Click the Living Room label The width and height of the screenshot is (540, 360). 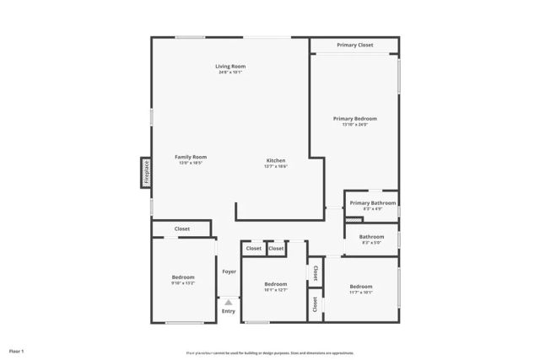pyautogui.click(x=229, y=66)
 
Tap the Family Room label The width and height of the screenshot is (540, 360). pyautogui.click(x=191, y=157)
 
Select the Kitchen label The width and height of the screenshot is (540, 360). pyautogui.click(x=276, y=160)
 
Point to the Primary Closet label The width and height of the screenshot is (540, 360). pyautogui.click(x=354, y=45)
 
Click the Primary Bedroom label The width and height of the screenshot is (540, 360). pyautogui.click(x=354, y=119)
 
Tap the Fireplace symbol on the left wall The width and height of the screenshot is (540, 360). pyautogui.click(x=146, y=172)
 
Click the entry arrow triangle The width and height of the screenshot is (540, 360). pyautogui.click(x=228, y=301)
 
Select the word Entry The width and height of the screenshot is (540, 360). pyautogui.click(x=229, y=311)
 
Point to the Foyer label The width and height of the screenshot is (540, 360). pyautogui.click(x=229, y=271)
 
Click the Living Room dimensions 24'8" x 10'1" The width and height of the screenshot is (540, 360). pyautogui.click(x=229, y=73)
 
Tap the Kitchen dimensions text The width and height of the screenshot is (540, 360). pyautogui.click(x=276, y=167)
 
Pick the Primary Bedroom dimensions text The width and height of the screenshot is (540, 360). pyautogui.click(x=354, y=126)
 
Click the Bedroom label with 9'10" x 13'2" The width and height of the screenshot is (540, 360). pyautogui.click(x=183, y=277)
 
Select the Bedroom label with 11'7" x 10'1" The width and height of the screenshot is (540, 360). pyautogui.click(x=361, y=287)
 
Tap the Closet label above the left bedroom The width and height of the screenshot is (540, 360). pyautogui.click(x=182, y=228)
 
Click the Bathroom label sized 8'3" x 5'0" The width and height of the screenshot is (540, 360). pyautogui.click(x=371, y=237)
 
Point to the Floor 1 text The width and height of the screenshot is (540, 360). pyautogui.click(x=17, y=350)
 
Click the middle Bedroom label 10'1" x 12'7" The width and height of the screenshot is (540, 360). pyautogui.click(x=276, y=284)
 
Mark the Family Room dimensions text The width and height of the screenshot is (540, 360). pyautogui.click(x=191, y=164)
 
